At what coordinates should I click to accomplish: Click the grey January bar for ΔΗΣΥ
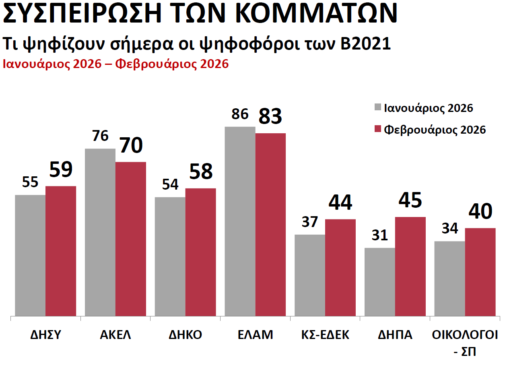tap(30, 255)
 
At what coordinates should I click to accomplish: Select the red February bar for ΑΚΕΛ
tap(131, 239)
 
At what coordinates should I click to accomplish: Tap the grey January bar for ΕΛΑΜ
tap(240, 221)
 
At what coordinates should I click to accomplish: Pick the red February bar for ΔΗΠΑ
tap(410, 266)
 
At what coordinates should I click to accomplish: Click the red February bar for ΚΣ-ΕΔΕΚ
tap(340, 267)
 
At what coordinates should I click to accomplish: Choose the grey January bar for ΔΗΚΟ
tap(170, 256)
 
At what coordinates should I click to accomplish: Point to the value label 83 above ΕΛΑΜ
tap(270, 116)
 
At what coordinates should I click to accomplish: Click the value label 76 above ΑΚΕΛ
tap(100, 136)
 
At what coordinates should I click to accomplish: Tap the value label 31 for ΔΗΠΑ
tap(380, 235)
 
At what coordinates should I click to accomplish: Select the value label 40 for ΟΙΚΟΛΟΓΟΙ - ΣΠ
tap(480, 212)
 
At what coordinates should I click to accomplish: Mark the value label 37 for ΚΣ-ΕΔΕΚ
tap(310, 222)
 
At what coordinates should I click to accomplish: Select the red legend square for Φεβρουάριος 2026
tap(377, 129)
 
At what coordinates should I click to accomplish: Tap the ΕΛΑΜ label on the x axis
tap(255, 335)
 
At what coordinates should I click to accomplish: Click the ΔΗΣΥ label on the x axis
tap(45, 335)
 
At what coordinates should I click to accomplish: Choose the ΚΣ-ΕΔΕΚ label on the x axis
tap(325, 335)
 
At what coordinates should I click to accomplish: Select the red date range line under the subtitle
tap(116, 64)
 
